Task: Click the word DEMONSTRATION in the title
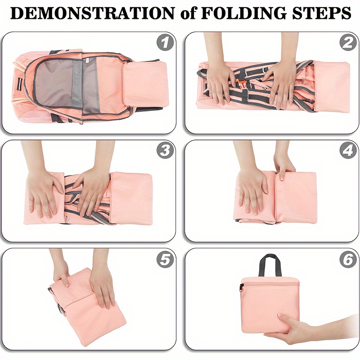pos(93,13)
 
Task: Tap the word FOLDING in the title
pos(243,13)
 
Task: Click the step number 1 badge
pos(165,43)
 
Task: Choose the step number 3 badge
pos(165,151)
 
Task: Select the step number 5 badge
pos(165,259)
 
